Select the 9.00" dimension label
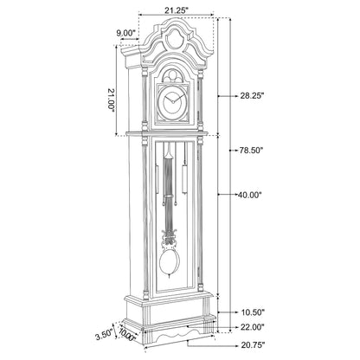tap(126, 34)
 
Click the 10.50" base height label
tap(253, 312)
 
